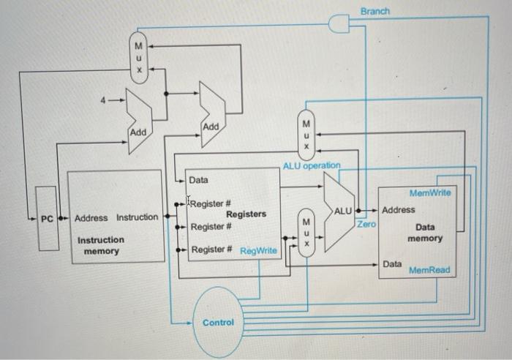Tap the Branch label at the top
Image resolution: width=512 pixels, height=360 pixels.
coord(375,12)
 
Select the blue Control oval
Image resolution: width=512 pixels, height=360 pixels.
coord(218,323)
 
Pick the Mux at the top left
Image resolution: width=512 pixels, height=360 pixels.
coord(136,57)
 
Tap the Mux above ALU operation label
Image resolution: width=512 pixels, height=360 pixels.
coord(307,133)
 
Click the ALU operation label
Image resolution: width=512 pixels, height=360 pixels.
coord(312,165)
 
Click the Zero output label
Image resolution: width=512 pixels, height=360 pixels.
coord(366,223)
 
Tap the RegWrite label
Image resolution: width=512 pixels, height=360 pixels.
coord(258,251)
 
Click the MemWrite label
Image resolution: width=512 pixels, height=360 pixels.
coord(431,193)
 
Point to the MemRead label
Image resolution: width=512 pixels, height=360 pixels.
coord(429,270)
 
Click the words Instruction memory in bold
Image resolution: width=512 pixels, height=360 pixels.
coord(101,245)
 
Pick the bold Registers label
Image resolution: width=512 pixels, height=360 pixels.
coord(246,214)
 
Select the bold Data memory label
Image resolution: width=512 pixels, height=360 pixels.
coord(425,233)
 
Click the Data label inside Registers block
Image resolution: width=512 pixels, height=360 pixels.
coord(198,180)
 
